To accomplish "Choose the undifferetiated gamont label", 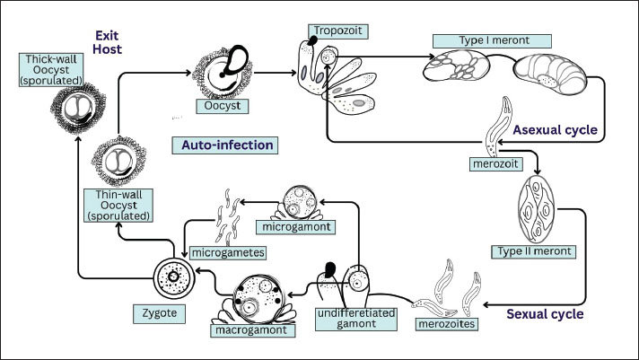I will (x=350, y=317).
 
